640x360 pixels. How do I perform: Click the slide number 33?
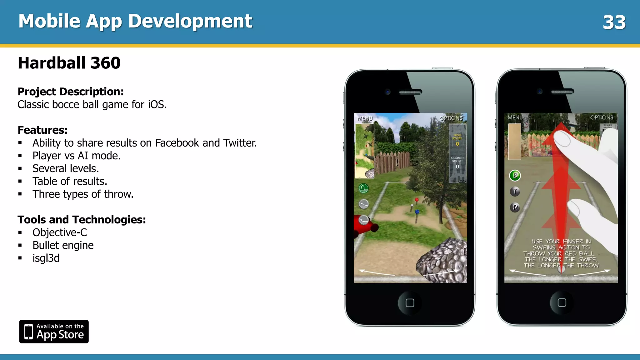(614, 22)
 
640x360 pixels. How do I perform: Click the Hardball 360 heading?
(69, 63)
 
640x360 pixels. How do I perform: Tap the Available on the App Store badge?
(54, 332)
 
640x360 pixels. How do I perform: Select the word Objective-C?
(60, 232)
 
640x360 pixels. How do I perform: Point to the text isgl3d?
(46, 258)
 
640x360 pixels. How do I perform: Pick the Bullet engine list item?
(63, 245)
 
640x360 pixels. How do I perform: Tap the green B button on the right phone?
(515, 175)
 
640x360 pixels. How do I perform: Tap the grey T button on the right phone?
(515, 191)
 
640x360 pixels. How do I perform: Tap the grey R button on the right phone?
(515, 207)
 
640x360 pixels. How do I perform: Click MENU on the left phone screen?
(365, 118)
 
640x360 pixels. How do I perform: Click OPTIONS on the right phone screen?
(602, 117)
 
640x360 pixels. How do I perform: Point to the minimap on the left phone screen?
(365, 151)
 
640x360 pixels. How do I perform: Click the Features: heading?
(42, 130)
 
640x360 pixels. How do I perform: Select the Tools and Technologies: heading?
(82, 220)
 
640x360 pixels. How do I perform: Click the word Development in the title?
(190, 21)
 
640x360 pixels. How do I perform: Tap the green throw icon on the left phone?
(363, 188)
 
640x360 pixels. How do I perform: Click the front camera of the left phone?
(388, 92)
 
